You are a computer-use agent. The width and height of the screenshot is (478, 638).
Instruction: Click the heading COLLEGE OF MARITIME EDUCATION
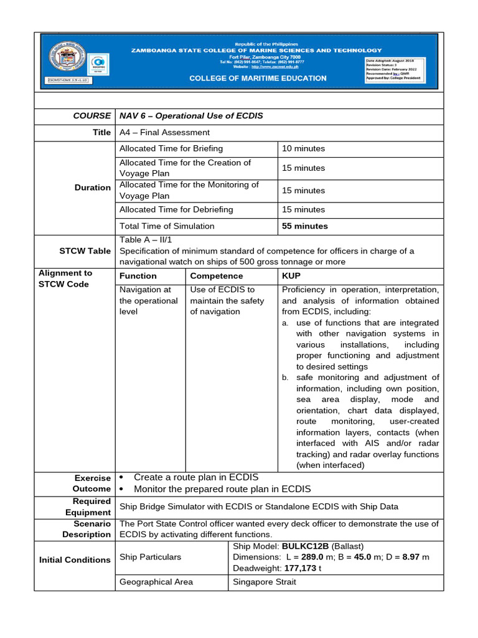coord(258,79)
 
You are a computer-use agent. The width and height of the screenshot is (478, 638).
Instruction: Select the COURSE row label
coord(92,116)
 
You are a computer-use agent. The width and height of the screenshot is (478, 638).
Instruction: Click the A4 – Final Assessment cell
coord(164,132)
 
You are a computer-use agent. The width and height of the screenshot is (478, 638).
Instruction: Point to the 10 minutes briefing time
coord(303,148)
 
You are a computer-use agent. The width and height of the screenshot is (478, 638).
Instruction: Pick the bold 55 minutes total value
coord(305,226)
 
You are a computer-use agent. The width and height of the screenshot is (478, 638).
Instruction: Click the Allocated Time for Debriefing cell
coord(176,209)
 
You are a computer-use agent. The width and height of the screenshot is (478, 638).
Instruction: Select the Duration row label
coord(92,187)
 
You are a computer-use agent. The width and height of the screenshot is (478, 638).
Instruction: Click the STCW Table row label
coord(85,251)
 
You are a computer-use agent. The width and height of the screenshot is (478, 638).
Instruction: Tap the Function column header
coord(138,275)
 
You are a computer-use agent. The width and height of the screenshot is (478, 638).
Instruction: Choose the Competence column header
coord(217,275)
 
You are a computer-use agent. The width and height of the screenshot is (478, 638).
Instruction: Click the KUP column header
coord(291,275)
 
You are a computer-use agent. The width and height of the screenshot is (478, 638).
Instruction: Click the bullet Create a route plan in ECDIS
coord(196,477)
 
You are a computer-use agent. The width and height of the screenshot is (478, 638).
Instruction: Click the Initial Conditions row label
coord(74,559)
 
